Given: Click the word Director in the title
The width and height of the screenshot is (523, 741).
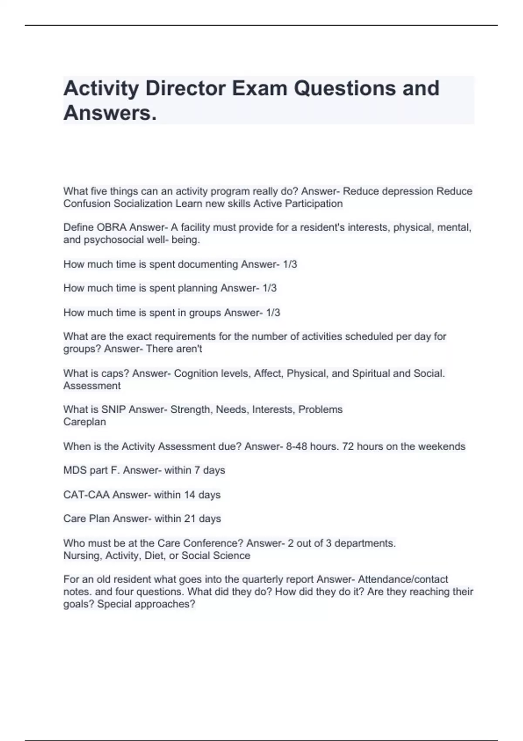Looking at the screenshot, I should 185,88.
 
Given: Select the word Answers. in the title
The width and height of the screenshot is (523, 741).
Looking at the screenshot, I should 110,113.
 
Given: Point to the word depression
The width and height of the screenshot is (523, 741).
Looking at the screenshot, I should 408,191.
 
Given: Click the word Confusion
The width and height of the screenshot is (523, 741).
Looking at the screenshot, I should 87,204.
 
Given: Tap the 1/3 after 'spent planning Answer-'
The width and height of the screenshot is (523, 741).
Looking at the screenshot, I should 269,288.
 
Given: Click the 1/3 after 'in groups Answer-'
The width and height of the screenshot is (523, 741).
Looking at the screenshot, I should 273,313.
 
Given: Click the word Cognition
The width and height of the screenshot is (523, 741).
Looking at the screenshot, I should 196,374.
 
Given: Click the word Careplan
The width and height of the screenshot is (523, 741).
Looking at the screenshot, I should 85,422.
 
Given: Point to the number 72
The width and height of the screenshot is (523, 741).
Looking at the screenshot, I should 348,446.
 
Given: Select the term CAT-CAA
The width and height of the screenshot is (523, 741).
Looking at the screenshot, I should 86,495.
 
